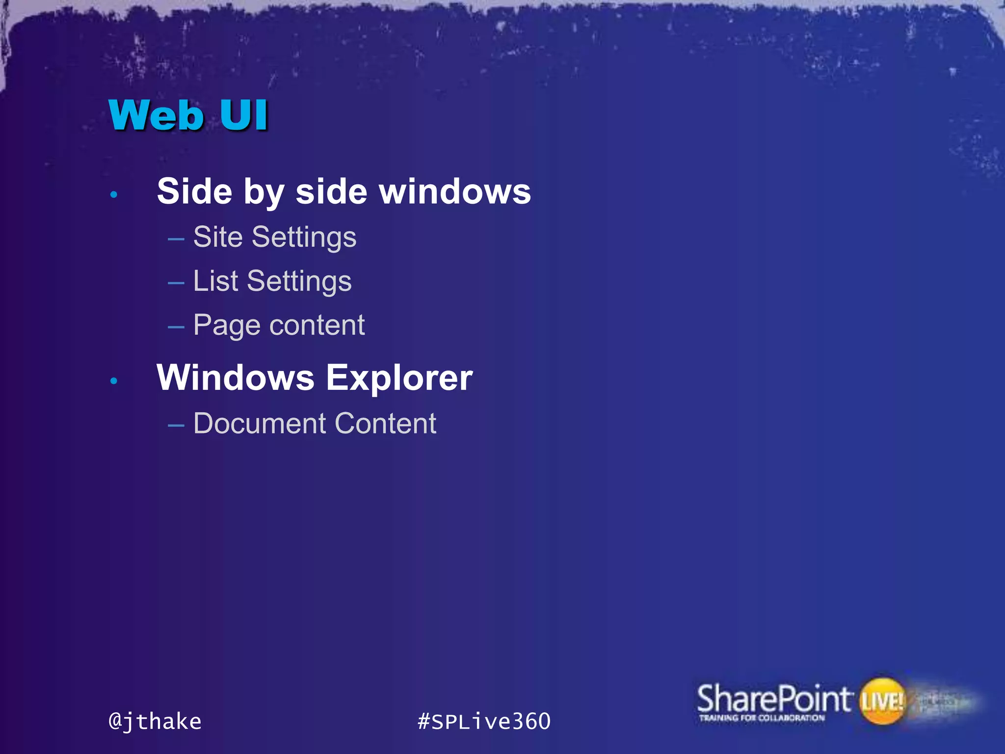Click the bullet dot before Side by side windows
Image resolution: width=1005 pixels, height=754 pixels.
coord(114,195)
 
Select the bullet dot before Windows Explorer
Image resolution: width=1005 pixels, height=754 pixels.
coord(114,381)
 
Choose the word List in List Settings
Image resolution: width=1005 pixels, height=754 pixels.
coord(215,281)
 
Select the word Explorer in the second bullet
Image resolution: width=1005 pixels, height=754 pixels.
coord(399,378)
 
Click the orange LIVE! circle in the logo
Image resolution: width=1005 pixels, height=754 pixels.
coord(882,701)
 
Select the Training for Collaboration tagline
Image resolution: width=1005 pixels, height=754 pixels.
coord(762,718)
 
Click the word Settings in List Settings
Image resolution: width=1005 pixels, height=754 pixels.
coord(299,282)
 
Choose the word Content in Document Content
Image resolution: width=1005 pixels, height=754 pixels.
coord(385,423)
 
